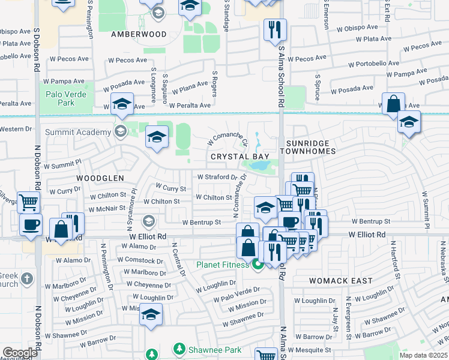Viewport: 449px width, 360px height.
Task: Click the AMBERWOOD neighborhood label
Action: tap(139, 34)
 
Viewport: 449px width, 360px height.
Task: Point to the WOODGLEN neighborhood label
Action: tap(100, 178)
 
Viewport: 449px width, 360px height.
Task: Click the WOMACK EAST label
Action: tap(340, 280)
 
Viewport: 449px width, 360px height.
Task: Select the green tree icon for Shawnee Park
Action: tap(178, 349)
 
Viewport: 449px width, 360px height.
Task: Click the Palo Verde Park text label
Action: tap(66, 99)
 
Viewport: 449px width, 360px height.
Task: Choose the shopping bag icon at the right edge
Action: tap(393, 103)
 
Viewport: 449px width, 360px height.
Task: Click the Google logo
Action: tap(20, 352)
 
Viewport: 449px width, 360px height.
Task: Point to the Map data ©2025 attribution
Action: tap(423, 355)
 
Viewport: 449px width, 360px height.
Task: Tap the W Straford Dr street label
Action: tap(221, 177)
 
